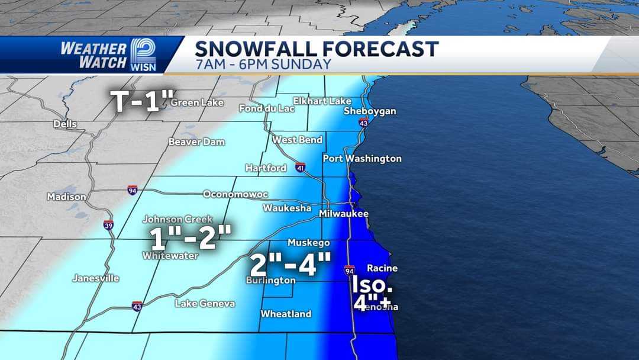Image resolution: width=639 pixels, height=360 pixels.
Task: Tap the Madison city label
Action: [67, 197]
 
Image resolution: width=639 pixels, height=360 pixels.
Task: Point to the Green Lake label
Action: [197, 102]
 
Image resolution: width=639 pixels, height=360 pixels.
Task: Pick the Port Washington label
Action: [362, 158]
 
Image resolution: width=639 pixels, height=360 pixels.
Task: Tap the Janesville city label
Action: [96, 278]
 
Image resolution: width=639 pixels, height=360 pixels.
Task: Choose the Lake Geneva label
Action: [205, 303]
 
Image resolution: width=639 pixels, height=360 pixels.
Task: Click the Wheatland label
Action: [286, 314]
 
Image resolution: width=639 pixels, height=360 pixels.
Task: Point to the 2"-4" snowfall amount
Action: [289, 264]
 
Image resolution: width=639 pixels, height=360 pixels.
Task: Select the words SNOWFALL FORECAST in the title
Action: [317, 49]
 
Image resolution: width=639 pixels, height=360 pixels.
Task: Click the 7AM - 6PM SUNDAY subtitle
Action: [263, 64]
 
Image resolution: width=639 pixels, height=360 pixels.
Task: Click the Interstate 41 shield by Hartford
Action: [299, 168]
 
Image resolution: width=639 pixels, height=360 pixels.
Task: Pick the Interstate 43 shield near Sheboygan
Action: [363, 123]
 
